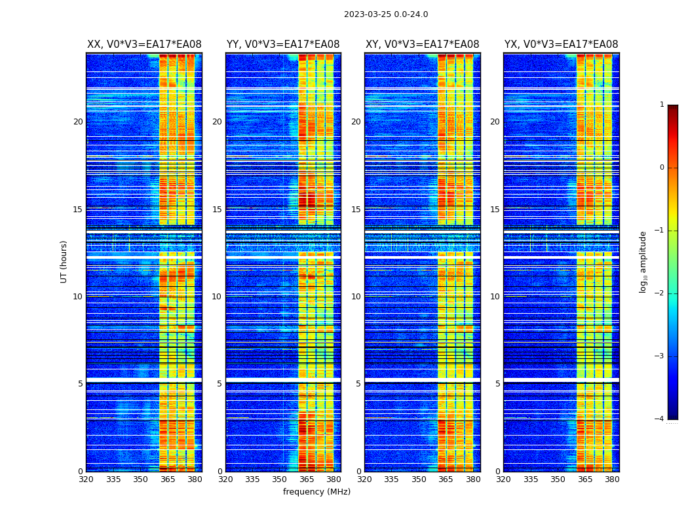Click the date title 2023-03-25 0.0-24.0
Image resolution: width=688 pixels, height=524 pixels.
tap(386, 14)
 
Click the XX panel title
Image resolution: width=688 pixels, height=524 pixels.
tap(144, 45)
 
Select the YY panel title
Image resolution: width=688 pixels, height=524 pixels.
tap(283, 45)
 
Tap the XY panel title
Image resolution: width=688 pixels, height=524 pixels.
tap(422, 45)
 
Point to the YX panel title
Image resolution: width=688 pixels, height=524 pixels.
tap(561, 45)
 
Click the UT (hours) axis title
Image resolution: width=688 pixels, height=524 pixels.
tap(64, 261)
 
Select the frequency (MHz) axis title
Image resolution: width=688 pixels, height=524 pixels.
tap(316, 492)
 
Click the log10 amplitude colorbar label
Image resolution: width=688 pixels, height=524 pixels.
tap(643, 261)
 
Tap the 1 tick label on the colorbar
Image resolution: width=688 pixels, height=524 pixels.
tap(662, 105)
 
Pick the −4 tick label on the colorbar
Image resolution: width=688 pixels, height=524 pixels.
tap(660, 419)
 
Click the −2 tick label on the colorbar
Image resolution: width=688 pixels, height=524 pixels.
tap(660, 293)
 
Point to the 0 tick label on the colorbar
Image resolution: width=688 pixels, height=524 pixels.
tap(662, 168)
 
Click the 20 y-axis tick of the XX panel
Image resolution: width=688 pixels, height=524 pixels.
tap(78, 122)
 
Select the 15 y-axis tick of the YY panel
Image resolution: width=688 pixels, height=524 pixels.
tap(217, 209)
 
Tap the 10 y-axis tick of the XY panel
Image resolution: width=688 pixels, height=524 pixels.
tap(356, 296)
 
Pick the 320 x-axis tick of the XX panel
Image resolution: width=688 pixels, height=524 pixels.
tap(86, 479)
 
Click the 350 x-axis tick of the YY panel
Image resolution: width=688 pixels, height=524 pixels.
tap(280, 479)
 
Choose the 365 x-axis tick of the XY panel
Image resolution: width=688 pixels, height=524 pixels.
tap(446, 479)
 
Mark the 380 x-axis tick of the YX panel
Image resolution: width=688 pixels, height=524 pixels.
tap(612, 479)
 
